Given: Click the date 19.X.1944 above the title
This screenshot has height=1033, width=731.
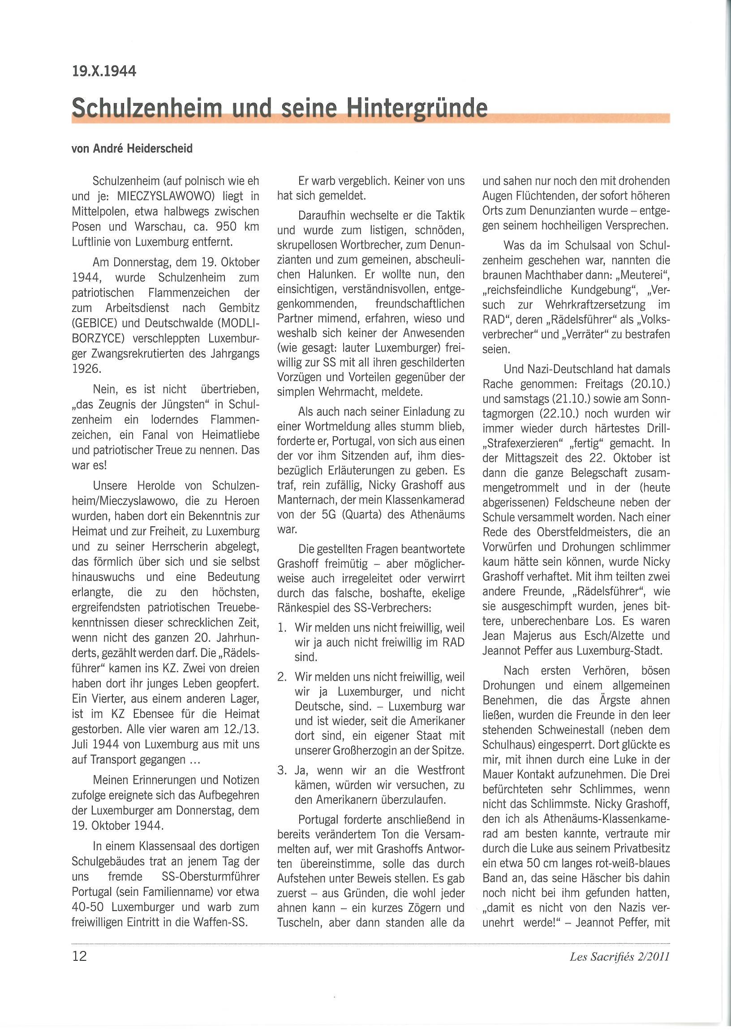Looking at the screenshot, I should pyautogui.click(x=104, y=72).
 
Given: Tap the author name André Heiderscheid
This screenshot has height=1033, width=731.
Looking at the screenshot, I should pyautogui.click(x=142, y=149).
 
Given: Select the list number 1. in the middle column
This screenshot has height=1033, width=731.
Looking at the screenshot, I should pyautogui.click(x=282, y=628).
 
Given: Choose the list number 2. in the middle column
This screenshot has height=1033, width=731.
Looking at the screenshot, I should pyautogui.click(x=282, y=677).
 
